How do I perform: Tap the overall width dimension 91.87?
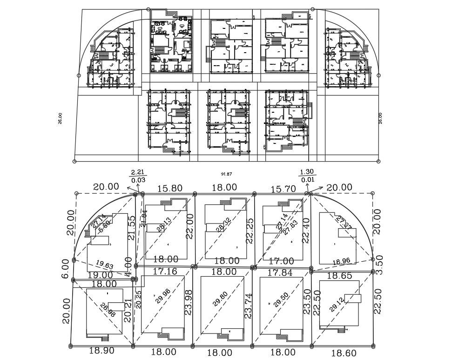point(226,174)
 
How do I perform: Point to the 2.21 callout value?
point(138,172)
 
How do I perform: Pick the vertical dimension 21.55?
point(131,227)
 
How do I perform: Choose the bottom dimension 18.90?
point(101,351)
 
